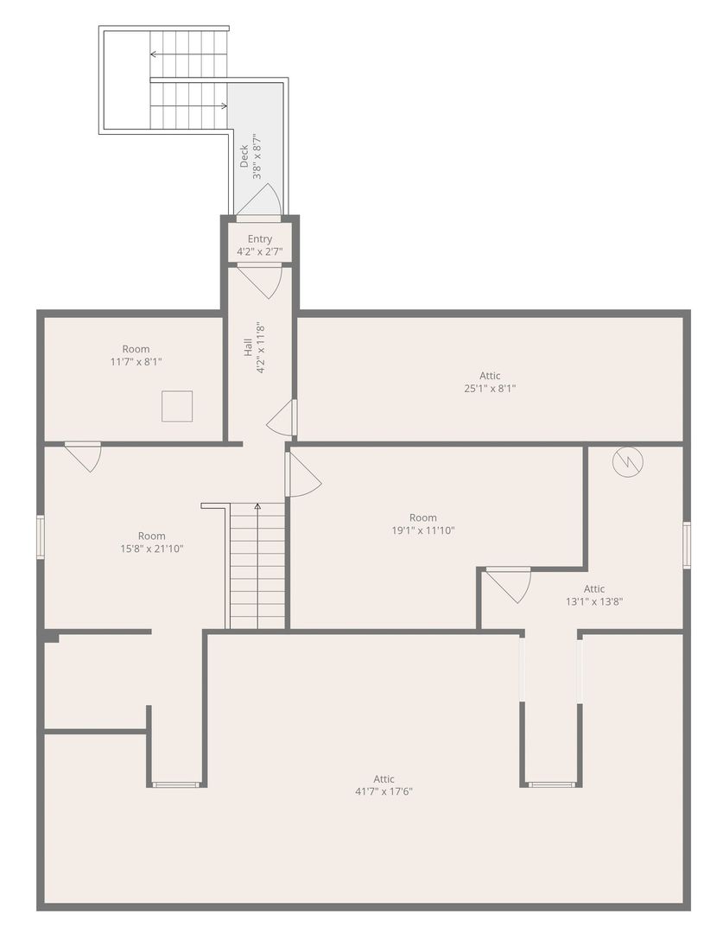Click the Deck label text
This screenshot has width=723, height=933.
click(x=244, y=155)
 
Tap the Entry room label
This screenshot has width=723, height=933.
click(x=260, y=238)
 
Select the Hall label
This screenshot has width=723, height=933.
click(x=248, y=348)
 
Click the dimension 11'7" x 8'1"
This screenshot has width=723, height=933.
click(x=136, y=362)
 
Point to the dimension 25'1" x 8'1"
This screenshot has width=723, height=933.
click(x=490, y=389)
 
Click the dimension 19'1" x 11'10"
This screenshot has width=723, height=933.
click(x=423, y=530)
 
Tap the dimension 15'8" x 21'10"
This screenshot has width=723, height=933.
click(x=152, y=549)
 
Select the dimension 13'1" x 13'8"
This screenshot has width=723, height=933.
click(x=594, y=601)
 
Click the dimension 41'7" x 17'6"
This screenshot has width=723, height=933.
click(x=384, y=791)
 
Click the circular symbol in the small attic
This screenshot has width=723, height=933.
click(x=628, y=461)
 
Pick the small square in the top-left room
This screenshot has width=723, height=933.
click(x=177, y=406)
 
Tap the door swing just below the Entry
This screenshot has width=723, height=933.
click(x=259, y=282)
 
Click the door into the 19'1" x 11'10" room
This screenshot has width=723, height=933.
click(x=303, y=474)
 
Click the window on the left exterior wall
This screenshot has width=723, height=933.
click(x=41, y=537)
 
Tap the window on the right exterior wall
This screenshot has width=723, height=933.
click(x=687, y=545)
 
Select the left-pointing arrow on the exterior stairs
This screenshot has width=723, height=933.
click(x=188, y=54)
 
